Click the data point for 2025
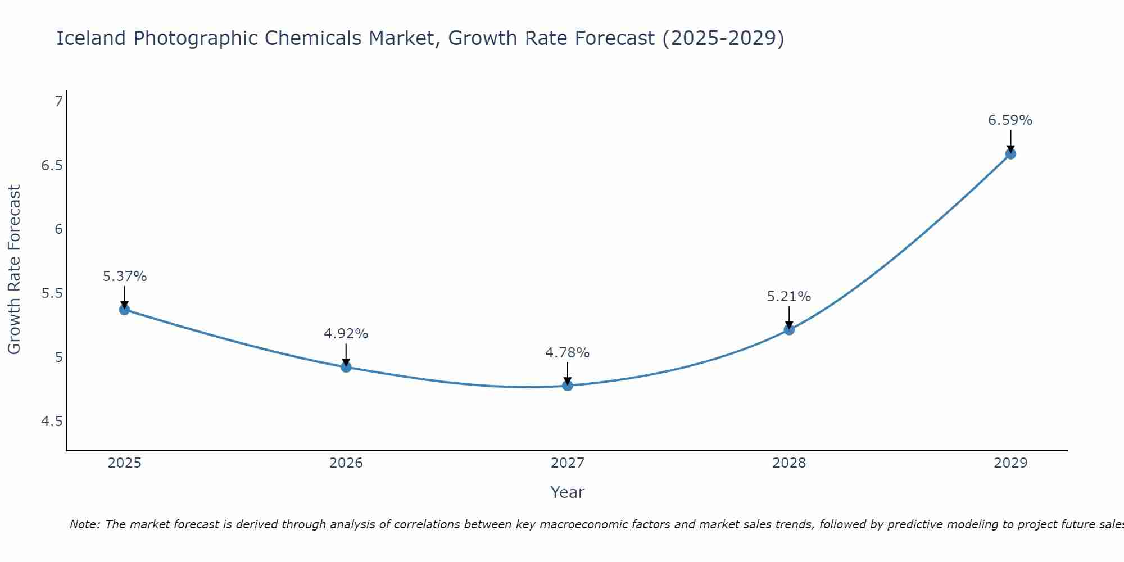click(124, 309)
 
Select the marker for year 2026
click(346, 367)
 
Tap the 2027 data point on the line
click(568, 385)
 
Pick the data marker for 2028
click(789, 329)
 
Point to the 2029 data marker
click(1010, 153)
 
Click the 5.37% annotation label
click(125, 277)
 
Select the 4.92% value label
click(346, 334)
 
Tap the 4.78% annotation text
click(568, 353)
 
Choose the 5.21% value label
click(789, 297)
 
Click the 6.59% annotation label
click(1010, 120)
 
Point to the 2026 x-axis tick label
click(346, 463)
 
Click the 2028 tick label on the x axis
click(789, 463)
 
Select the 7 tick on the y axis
click(58, 102)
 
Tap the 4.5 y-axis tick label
click(52, 422)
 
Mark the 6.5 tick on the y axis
click(52, 166)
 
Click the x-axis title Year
click(568, 492)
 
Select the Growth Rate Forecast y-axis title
click(15, 270)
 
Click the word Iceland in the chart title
click(91, 38)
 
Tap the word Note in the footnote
click(84, 524)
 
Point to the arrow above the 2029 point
click(1010, 140)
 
